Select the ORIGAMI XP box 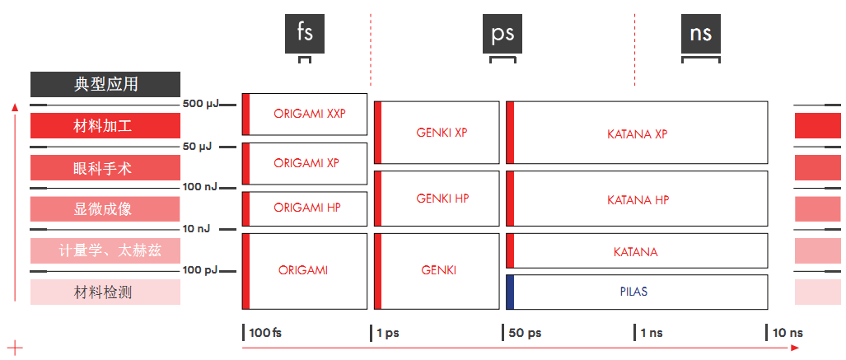pos(305,163)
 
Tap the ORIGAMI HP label pos(306,208)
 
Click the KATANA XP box pos(637,133)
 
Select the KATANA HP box pos(637,199)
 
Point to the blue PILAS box pos(637,292)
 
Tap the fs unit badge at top pos(305,34)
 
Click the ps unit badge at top pos(502,34)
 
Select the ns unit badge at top pos(701,34)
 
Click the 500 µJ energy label pos(200,105)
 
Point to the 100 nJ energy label pos(199,187)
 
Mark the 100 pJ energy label pos(199,269)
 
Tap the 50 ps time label pos(524,333)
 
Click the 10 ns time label pos(788,333)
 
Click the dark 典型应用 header pos(105,84)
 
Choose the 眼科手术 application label pos(105,168)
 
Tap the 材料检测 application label pos(105,292)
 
